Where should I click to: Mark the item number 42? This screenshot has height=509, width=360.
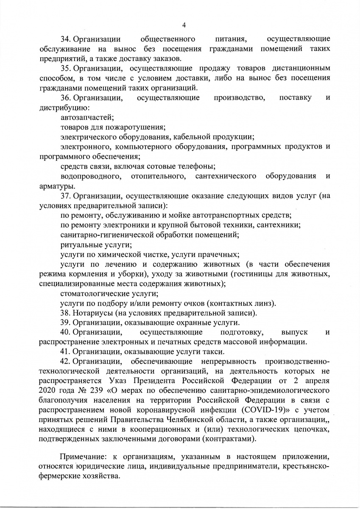(x=66, y=361)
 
